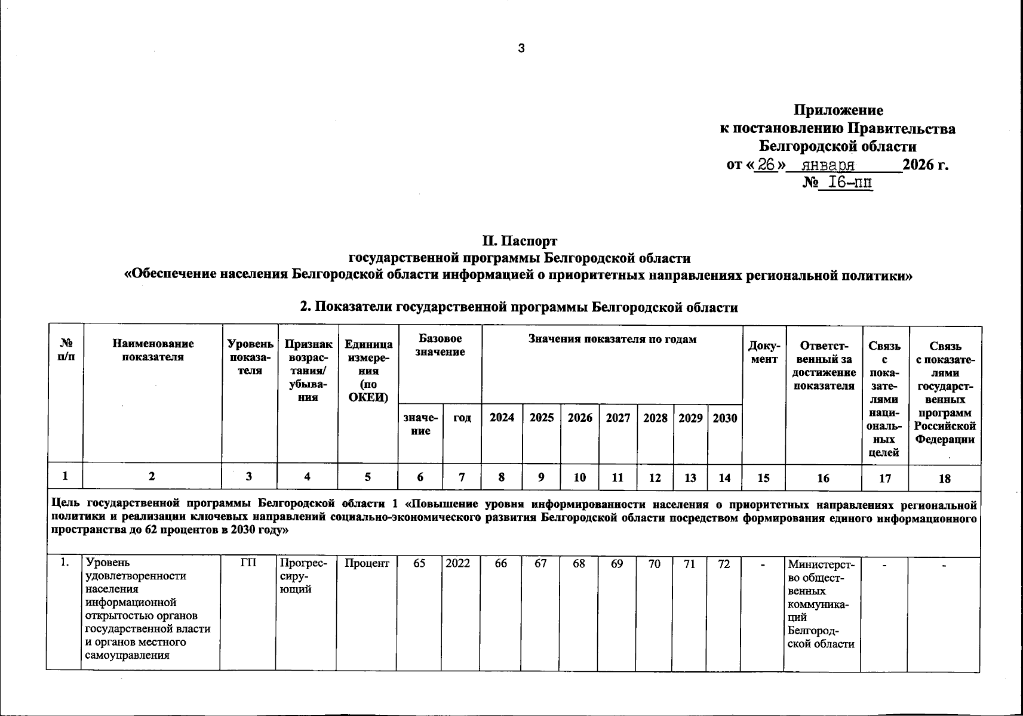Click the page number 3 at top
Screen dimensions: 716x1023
(521, 48)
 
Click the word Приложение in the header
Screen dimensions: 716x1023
(838, 110)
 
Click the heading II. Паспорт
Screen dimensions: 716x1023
(520, 241)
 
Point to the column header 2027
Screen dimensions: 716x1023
(618, 418)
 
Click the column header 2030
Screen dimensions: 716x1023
(724, 418)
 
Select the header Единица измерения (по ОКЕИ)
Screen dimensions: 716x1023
(368, 371)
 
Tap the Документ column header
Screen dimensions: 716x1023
(763, 352)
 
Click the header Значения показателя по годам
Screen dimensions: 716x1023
(612, 340)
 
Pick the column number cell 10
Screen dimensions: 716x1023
(579, 477)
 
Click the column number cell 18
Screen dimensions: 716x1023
(944, 477)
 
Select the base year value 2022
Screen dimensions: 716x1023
(458, 563)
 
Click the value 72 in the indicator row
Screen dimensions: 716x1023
(724, 563)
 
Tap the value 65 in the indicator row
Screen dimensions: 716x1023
(419, 563)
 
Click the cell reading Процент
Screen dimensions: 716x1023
(367, 563)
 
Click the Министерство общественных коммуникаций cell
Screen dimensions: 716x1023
(821, 603)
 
